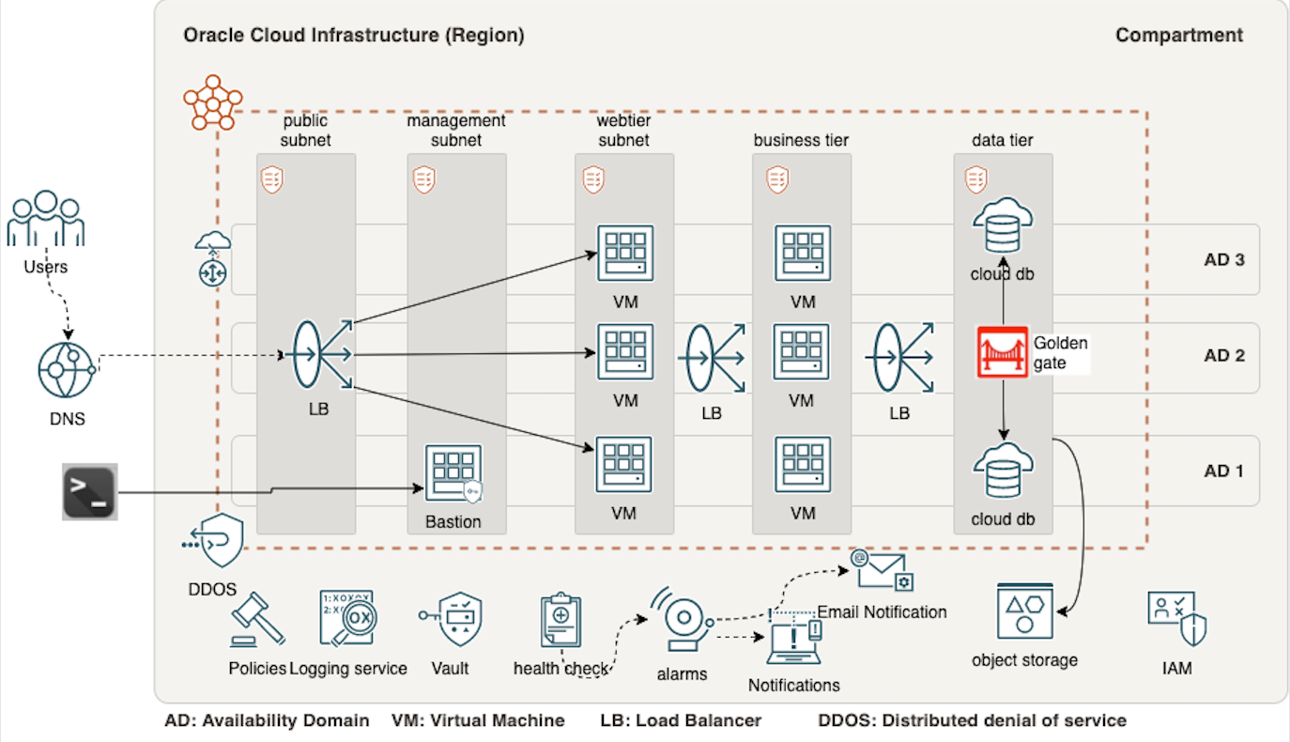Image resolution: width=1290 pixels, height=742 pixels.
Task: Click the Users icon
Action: (45, 220)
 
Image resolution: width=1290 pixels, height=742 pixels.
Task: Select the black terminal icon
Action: (90, 491)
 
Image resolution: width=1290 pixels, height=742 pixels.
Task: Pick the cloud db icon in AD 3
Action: (1003, 225)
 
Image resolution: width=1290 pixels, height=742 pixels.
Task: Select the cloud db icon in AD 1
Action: (1003, 472)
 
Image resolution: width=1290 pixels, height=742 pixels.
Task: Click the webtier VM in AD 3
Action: (625, 253)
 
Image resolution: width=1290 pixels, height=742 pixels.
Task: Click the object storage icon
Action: (1024, 611)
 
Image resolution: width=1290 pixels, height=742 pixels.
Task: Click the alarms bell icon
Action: (683, 620)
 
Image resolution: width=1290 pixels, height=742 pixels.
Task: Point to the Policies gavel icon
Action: (256, 619)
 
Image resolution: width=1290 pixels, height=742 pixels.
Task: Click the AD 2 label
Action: (1224, 356)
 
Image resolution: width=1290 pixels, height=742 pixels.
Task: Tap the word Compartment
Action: (1178, 36)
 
